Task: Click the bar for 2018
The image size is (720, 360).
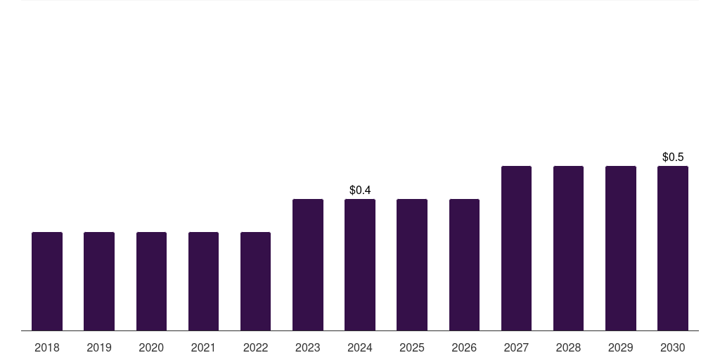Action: pos(47,281)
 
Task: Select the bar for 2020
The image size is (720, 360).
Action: pos(151,281)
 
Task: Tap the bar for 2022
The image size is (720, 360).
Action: pos(255,281)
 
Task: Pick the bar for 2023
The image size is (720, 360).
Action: pos(308,265)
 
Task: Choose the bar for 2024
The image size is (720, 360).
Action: pos(360,265)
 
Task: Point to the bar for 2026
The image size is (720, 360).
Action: pos(464,265)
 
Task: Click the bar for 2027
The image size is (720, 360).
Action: pos(516,248)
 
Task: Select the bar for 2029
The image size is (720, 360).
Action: pos(621,248)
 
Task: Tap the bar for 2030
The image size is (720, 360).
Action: pos(673,248)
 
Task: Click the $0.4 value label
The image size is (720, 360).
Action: pos(360,191)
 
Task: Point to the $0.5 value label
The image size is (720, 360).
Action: pos(673,157)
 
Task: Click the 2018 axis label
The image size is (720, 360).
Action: pos(47,348)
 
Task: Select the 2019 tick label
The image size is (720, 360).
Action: pos(99,348)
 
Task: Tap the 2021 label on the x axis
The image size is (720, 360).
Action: pos(203,348)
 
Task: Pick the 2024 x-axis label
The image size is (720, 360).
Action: pos(360,348)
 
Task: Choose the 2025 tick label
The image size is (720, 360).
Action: pos(412,348)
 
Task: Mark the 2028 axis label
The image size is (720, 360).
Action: pos(568,348)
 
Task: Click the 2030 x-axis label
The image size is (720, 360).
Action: pos(673,348)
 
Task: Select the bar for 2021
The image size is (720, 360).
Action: pos(203,281)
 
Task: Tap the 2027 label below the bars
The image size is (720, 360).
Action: pos(516,348)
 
